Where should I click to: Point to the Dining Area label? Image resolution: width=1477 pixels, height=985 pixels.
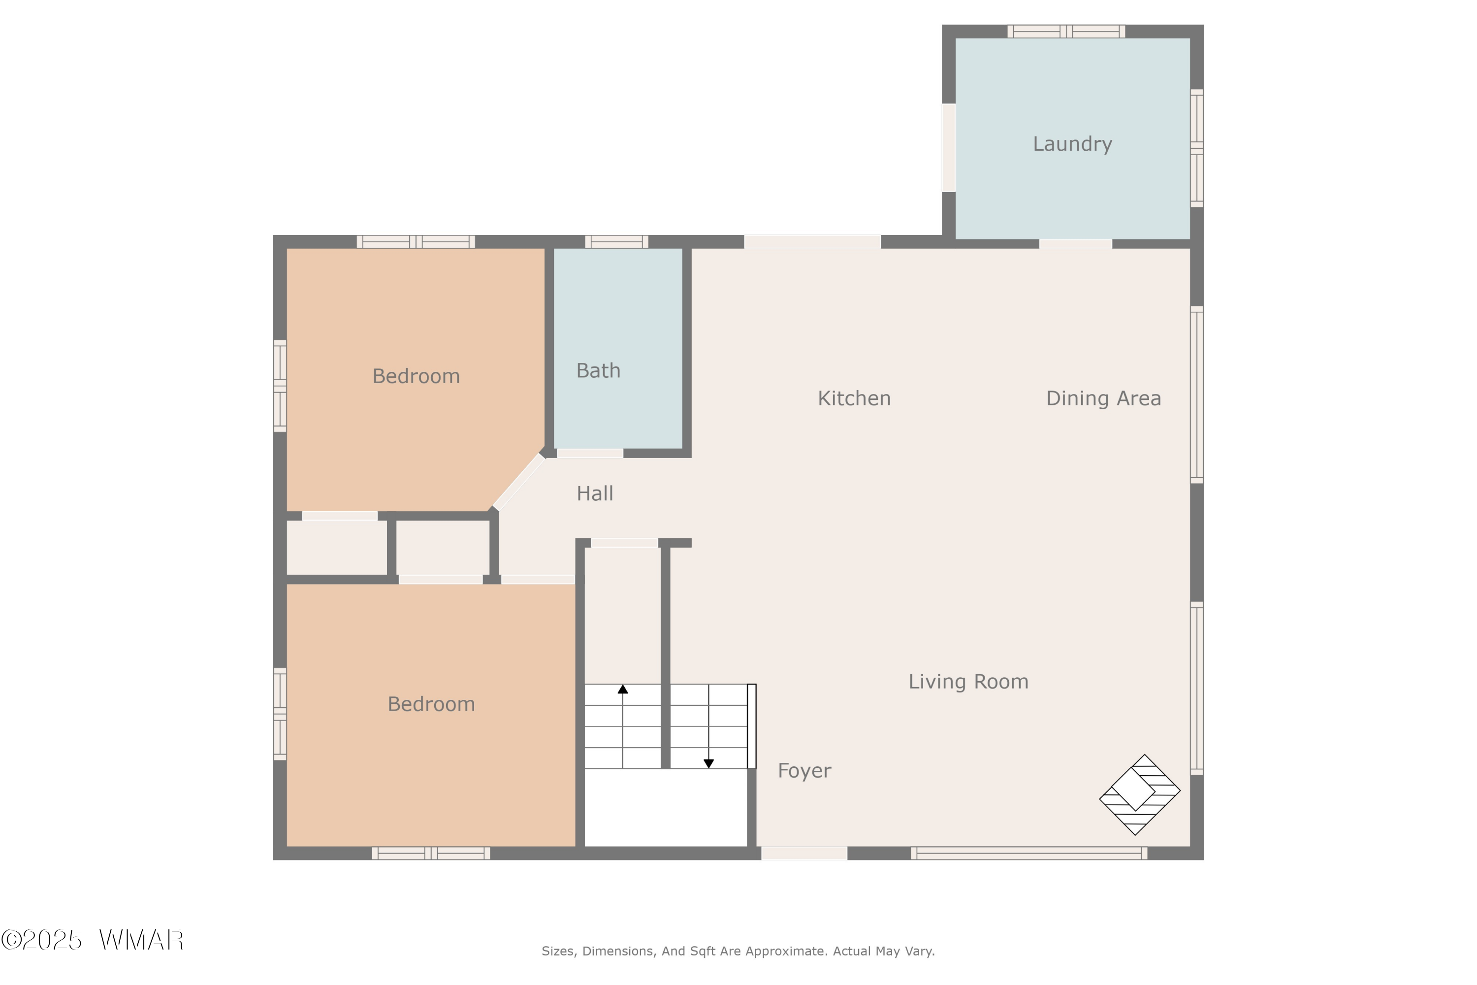pos(1103,398)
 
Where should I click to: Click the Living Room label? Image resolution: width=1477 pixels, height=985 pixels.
pos(968,682)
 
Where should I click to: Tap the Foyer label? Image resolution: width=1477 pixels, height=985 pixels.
pos(804,771)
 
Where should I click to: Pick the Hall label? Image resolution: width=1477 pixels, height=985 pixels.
pos(594,494)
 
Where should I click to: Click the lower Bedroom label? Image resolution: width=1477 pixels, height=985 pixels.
pos(431,704)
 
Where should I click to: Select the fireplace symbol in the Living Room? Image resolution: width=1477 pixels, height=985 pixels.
pos(1139,795)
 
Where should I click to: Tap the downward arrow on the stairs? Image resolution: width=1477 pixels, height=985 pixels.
pos(708,763)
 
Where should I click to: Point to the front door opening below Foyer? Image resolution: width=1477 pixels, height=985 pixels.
pos(804,853)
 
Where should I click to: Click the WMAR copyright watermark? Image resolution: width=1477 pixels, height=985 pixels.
pos(93,940)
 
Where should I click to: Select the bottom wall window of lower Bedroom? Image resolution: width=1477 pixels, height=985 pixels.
pos(431,853)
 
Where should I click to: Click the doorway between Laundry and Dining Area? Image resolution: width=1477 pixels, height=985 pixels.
pos(1075,244)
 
